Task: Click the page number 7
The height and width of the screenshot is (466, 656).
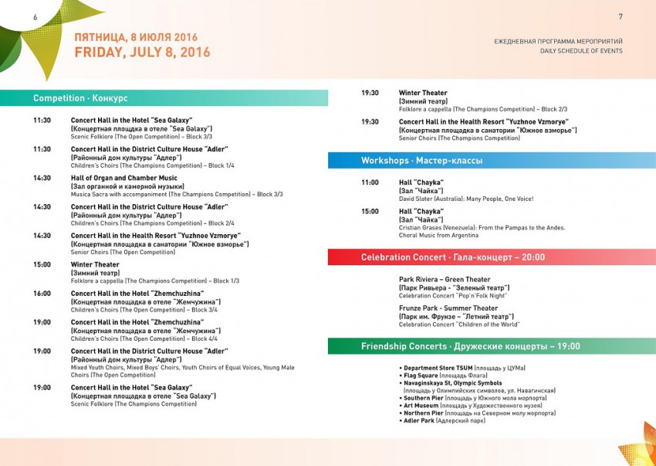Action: (x=620, y=17)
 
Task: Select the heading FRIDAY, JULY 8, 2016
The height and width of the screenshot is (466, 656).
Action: (x=142, y=53)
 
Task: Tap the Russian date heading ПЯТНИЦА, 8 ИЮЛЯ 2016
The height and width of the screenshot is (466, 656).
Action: (x=136, y=37)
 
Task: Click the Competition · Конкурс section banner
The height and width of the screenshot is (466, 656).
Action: (x=80, y=98)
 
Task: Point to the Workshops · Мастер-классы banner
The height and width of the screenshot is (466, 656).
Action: (x=421, y=161)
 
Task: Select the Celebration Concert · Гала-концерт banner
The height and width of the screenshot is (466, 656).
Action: (x=452, y=257)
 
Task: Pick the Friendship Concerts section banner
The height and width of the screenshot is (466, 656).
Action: (x=470, y=346)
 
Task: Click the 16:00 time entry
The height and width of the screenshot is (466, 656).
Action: (x=42, y=294)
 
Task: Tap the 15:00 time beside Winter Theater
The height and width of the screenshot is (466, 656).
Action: (x=42, y=264)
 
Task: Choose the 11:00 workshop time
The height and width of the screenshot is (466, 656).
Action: (x=370, y=182)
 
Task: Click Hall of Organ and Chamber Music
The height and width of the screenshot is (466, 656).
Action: (x=124, y=178)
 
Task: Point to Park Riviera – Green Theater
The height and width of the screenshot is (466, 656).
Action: (x=445, y=280)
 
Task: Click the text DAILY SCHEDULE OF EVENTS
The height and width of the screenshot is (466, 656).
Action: (x=581, y=51)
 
